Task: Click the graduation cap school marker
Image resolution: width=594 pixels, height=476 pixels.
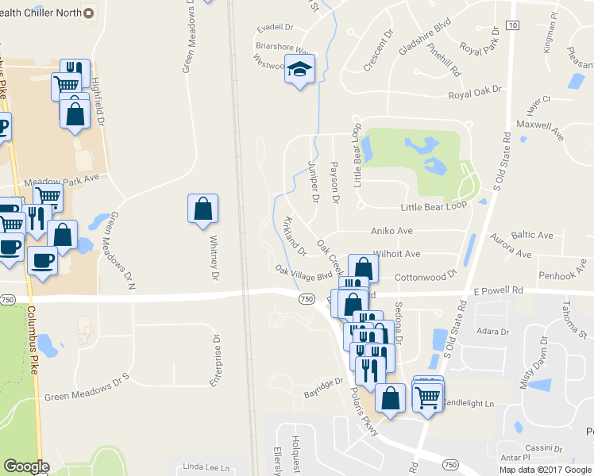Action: click(x=299, y=70)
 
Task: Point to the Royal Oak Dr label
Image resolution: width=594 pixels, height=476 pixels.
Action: click(x=476, y=94)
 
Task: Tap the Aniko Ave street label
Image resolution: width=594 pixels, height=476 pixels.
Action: click(x=392, y=231)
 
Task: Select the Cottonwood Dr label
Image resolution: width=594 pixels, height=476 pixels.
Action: click(x=426, y=275)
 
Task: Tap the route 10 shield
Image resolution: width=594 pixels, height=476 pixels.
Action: click(x=512, y=25)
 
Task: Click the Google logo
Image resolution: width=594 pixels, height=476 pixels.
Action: click(x=25, y=466)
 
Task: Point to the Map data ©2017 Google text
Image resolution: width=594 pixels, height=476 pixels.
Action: click(x=546, y=470)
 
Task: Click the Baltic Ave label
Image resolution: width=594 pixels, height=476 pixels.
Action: click(x=532, y=236)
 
